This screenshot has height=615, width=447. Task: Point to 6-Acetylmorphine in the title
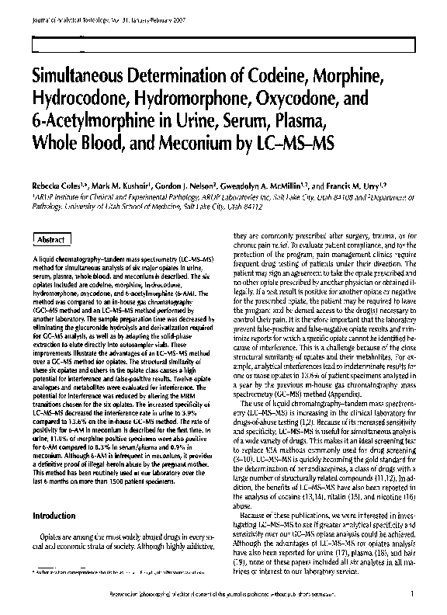pos(88,122)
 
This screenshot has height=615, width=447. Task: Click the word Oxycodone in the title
pos(307,100)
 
